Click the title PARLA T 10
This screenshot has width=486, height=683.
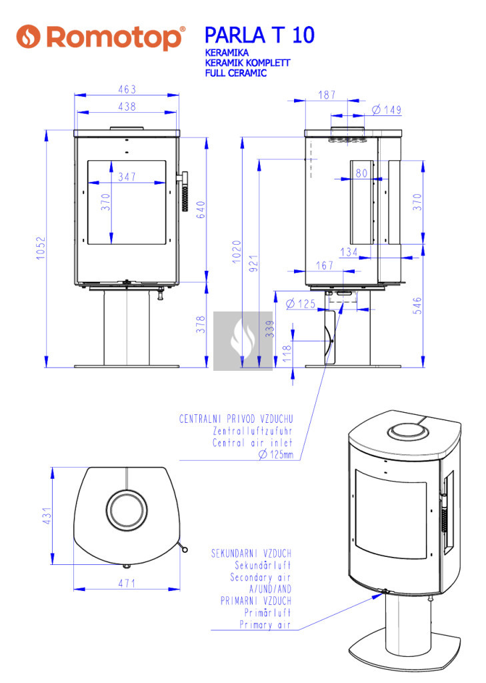[259, 35]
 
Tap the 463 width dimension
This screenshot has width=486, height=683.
[127, 89]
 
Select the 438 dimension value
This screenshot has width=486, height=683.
[127, 107]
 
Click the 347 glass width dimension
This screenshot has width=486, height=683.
[126, 177]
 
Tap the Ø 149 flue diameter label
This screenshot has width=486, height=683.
[387, 109]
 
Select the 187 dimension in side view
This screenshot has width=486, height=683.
[327, 95]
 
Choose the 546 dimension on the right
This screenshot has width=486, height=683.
[417, 305]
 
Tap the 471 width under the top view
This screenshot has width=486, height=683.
[127, 583]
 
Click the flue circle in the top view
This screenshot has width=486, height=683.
[126, 510]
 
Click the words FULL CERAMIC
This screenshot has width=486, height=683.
[236, 73]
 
